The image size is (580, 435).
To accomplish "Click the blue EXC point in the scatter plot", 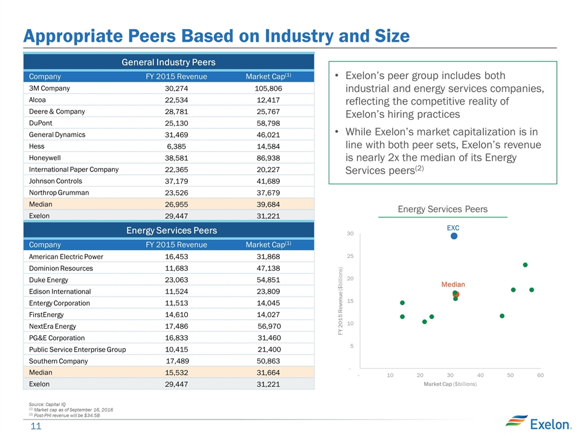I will pos(454,236).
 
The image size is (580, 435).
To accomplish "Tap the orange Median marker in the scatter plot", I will pos(456,294).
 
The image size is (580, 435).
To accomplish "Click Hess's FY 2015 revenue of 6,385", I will pos(175,146).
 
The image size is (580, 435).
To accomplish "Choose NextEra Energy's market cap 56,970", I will pos(268,326).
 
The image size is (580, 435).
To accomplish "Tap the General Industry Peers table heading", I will pos(169,62).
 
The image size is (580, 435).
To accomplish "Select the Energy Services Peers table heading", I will pos(169,230).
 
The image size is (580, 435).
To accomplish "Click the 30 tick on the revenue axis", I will pos(350,233).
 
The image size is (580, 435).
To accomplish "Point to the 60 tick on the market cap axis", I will pos(540,375).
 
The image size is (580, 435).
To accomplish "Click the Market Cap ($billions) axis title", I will pos(450,384).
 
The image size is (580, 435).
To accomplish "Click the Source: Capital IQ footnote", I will pos(48,404).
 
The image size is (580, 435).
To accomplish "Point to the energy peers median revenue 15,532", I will pos(176,373).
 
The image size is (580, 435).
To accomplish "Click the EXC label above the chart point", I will pos(453,228).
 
